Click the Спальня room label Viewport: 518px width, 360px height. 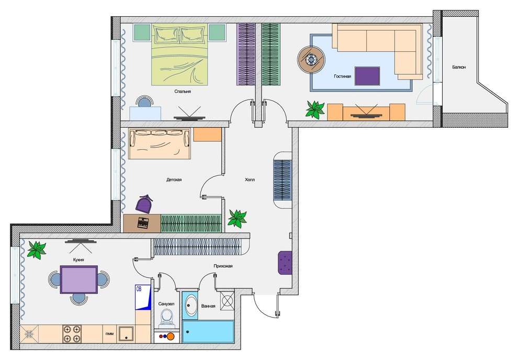[183, 92]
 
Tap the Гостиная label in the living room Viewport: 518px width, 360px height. [342, 76]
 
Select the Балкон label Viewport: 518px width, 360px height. [459, 67]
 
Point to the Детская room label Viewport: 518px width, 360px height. [174, 179]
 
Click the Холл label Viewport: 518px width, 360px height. [250, 179]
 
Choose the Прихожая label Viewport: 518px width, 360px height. [223, 266]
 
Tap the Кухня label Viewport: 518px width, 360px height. [78, 260]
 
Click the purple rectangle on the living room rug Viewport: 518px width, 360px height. [367, 76]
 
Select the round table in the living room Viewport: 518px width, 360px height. [311, 60]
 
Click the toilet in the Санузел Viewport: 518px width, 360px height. [167, 318]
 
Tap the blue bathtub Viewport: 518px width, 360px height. [208, 331]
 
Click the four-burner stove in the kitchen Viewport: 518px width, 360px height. [72, 334]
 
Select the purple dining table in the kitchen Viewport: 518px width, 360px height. [78, 279]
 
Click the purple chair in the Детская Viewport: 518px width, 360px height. [145, 204]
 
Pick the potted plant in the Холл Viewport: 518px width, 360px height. [237, 218]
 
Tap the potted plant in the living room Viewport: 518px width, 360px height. [315, 110]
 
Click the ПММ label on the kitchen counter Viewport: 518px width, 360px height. [110, 334]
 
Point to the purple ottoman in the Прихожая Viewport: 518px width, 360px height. [285, 263]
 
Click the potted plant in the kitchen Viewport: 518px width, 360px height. [37, 250]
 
